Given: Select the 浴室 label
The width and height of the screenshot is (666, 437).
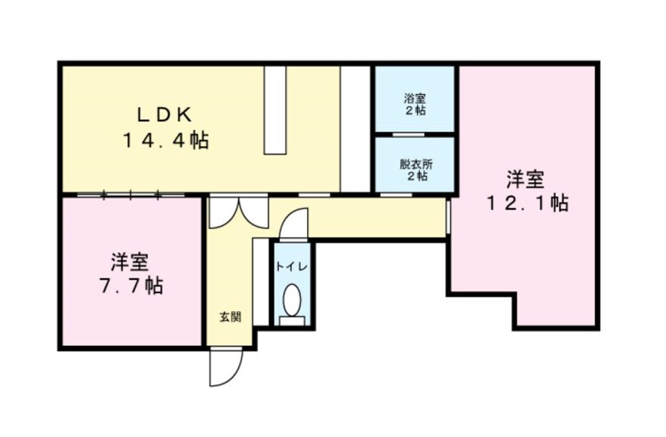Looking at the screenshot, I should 415,98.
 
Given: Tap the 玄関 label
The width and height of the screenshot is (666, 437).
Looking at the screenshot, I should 230,317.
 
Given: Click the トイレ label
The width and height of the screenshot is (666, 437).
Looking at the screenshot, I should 290,266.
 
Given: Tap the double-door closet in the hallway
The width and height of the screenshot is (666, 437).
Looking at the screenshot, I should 238,212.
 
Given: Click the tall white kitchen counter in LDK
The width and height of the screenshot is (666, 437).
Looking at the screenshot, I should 275,109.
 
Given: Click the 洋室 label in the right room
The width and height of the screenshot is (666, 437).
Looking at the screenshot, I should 526,179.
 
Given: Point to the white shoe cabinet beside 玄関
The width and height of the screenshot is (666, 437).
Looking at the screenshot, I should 260,280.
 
